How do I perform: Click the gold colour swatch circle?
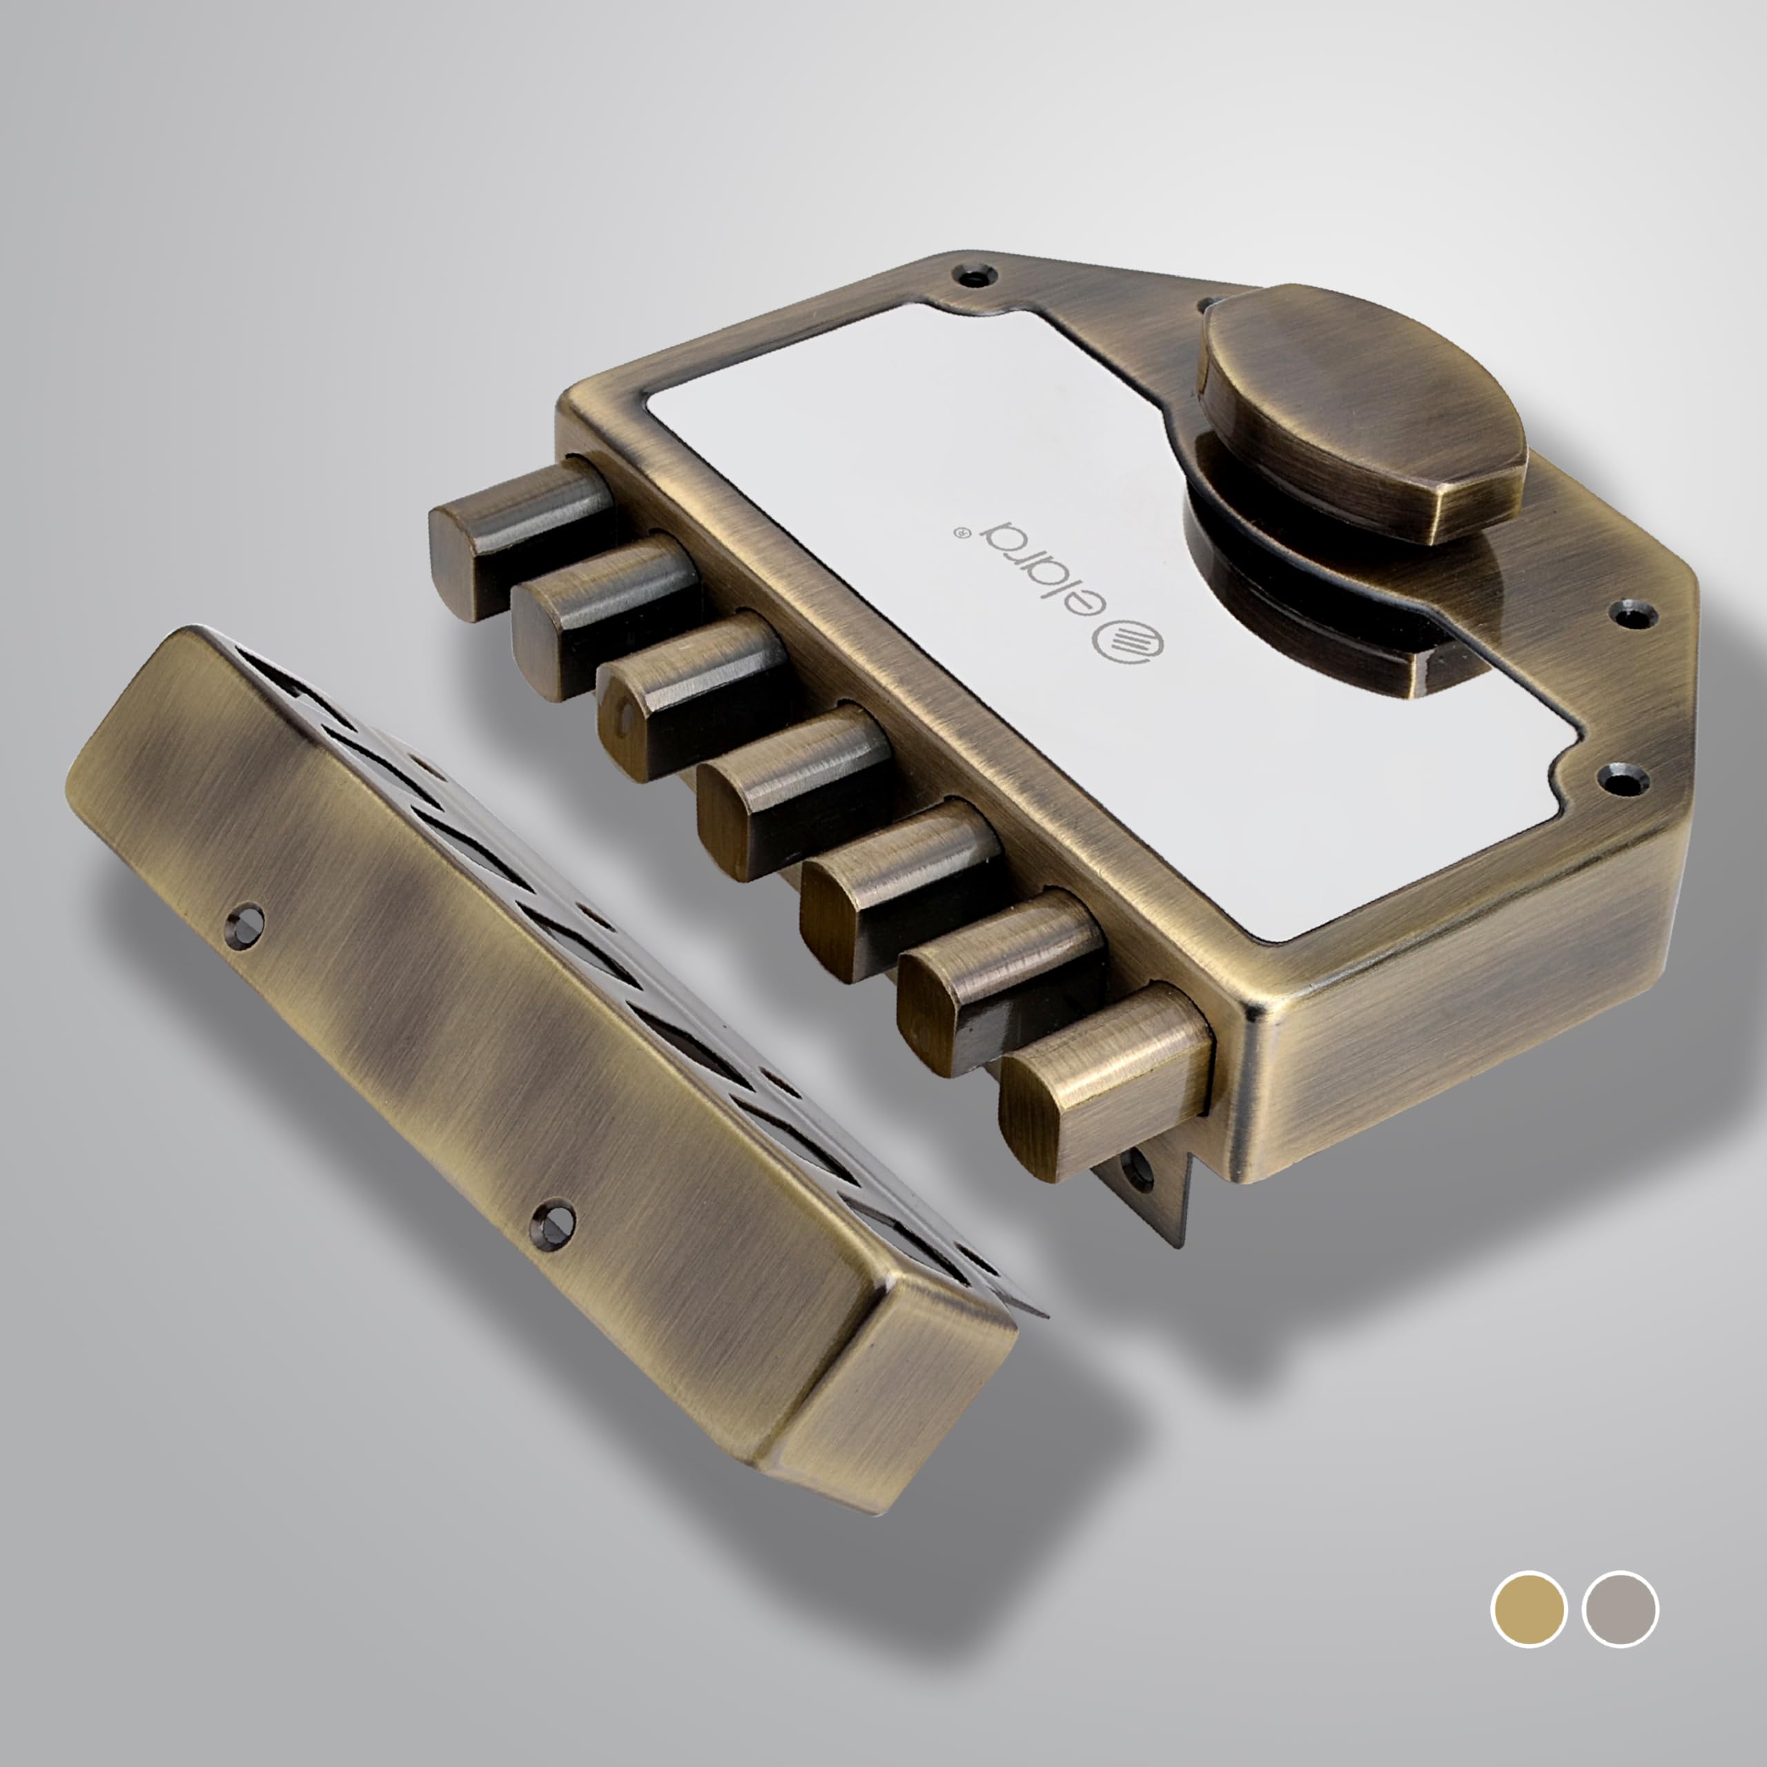pyautogui.click(x=1528, y=1634)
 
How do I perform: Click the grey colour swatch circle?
pyautogui.click(x=1620, y=1634)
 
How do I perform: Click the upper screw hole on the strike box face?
pyautogui.click(x=246, y=917)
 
